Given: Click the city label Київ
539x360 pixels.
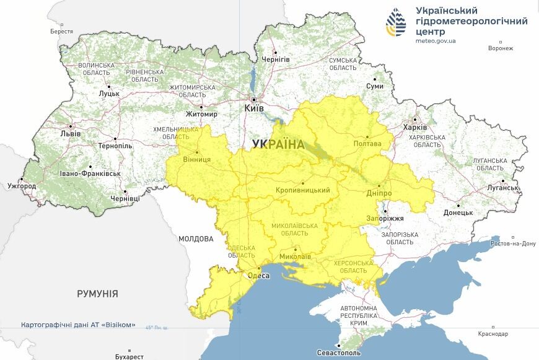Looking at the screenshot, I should [254, 108].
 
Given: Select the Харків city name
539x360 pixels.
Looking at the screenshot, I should [415, 127].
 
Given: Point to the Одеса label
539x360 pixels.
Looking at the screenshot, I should [258, 276].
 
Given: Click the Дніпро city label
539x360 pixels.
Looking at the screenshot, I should [379, 193].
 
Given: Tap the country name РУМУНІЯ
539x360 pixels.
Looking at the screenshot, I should [97, 294].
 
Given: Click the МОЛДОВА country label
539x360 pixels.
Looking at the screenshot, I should [196, 239].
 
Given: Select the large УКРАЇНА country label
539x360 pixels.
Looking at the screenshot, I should [278, 144].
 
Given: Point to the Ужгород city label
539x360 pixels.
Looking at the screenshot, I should [22, 186].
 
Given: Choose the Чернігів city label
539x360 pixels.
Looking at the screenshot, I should [276, 59].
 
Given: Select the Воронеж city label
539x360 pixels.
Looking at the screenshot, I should [501, 48].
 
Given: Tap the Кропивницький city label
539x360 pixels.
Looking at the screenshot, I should [302, 190].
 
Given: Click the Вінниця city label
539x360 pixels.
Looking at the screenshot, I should [198, 159].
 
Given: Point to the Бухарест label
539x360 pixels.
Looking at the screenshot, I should [129, 356].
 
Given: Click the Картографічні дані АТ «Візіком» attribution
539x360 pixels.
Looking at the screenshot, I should [78, 325].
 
